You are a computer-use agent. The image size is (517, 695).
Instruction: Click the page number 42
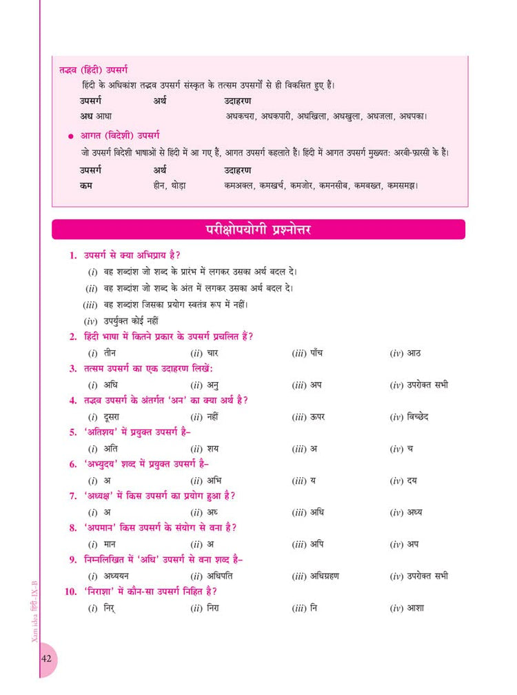click(47, 658)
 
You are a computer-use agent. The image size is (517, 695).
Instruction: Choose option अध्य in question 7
click(415, 512)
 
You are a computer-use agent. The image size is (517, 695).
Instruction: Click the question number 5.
click(72, 432)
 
